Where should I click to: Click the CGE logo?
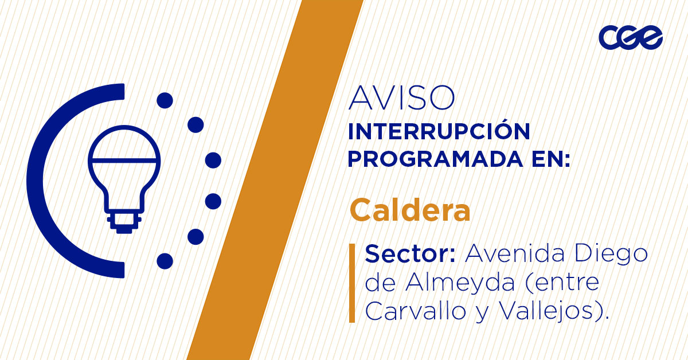(x=631, y=38)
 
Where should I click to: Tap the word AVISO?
(x=401, y=99)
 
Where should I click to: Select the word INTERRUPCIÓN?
(x=439, y=132)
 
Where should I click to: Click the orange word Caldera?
(x=410, y=210)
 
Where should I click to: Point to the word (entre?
(x=562, y=283)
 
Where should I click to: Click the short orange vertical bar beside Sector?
(x=351, y=283)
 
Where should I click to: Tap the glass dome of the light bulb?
(x=124, y=152)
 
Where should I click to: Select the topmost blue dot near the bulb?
(x=165, y=100)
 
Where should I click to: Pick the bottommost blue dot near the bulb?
(x=165, y=261)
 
